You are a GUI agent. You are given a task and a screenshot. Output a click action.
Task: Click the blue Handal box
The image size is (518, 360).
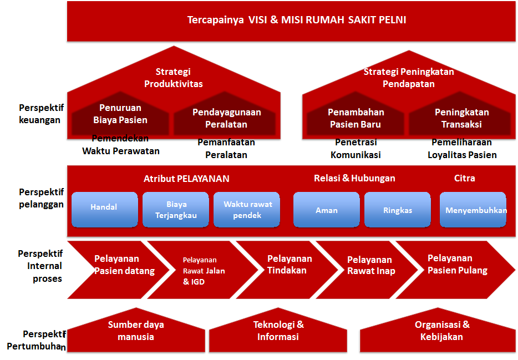point(104,209)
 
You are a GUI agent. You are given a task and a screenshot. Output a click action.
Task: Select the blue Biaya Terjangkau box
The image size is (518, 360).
point(175,209)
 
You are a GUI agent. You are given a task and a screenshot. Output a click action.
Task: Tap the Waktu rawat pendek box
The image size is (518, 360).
point(247,209)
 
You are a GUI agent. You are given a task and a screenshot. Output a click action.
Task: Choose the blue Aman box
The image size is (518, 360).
point(326,210)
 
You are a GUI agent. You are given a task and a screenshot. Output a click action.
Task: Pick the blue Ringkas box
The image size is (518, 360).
point(397,210)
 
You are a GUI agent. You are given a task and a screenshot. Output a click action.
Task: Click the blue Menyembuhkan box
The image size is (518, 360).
point(473,210)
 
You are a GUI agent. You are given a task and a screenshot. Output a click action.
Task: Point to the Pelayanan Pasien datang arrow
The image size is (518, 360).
point(116,265)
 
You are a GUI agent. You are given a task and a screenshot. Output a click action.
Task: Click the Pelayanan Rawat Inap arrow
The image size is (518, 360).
point(370,265)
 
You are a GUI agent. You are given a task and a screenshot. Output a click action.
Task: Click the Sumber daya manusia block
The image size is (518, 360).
point(135,331)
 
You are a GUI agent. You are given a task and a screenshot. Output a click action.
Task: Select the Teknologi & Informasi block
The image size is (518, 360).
point(278,331)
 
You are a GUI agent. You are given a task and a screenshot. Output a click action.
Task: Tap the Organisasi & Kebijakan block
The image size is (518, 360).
point(441,331)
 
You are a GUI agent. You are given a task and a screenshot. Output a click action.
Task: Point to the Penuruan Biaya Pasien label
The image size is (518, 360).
point(120,114)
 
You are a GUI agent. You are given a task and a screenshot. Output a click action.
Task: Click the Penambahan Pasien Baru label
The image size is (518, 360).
point(356,118)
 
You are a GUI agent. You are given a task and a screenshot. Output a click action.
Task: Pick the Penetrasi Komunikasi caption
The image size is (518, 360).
point(356,149)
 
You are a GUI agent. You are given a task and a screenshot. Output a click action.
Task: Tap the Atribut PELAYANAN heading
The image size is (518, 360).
point(186,179)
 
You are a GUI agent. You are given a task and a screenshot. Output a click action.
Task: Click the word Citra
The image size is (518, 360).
point(464,178)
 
